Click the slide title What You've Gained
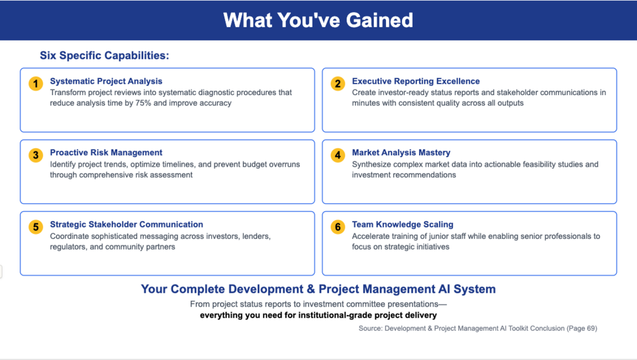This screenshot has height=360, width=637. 318,20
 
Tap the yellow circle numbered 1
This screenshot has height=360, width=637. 35,84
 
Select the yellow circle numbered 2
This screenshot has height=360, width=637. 338,84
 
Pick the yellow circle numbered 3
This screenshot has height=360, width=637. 35,155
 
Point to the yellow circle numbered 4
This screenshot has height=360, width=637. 338,155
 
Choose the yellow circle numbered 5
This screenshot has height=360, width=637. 35,227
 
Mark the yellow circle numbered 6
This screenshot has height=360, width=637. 338,227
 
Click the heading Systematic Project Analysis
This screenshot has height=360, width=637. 106,81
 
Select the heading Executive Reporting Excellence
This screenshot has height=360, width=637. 416,81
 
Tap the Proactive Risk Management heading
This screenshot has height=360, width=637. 106,152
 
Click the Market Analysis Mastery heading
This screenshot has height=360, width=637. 401,152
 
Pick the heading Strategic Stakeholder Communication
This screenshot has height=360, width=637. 126,224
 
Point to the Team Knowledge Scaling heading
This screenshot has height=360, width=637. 402,224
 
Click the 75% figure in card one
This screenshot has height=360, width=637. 143,103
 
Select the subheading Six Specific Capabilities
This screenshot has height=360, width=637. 105,55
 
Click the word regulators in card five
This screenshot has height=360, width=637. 68,247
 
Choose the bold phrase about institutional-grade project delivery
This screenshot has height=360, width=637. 318,315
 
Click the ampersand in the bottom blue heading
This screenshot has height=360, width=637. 311,289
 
